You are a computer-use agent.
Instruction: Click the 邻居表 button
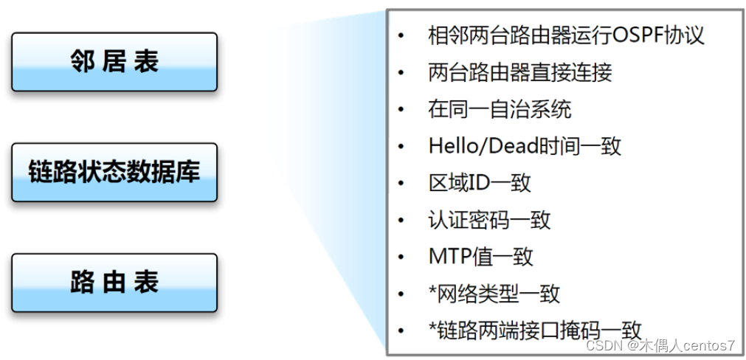pos(114,62)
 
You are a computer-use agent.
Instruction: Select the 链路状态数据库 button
pos(114,173)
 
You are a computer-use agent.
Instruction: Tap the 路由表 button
pos(114,283)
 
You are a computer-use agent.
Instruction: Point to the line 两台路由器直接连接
pos(519,72)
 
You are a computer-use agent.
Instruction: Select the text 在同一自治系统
pos(500,109)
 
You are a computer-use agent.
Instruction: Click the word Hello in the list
pos(450,146)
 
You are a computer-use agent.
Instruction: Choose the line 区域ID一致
pos(480,183)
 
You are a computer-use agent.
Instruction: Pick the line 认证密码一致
pos(489,220)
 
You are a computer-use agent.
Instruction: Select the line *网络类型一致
pos(494,294)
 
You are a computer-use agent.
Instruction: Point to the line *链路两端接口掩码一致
pos(535,330)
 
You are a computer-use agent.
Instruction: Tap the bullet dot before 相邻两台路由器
pos(400,35)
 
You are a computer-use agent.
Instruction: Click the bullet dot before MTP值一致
pos(400,257)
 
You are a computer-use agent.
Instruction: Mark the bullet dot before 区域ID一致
pos(400,183)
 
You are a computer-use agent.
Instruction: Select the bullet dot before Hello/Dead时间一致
pos(400,146)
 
